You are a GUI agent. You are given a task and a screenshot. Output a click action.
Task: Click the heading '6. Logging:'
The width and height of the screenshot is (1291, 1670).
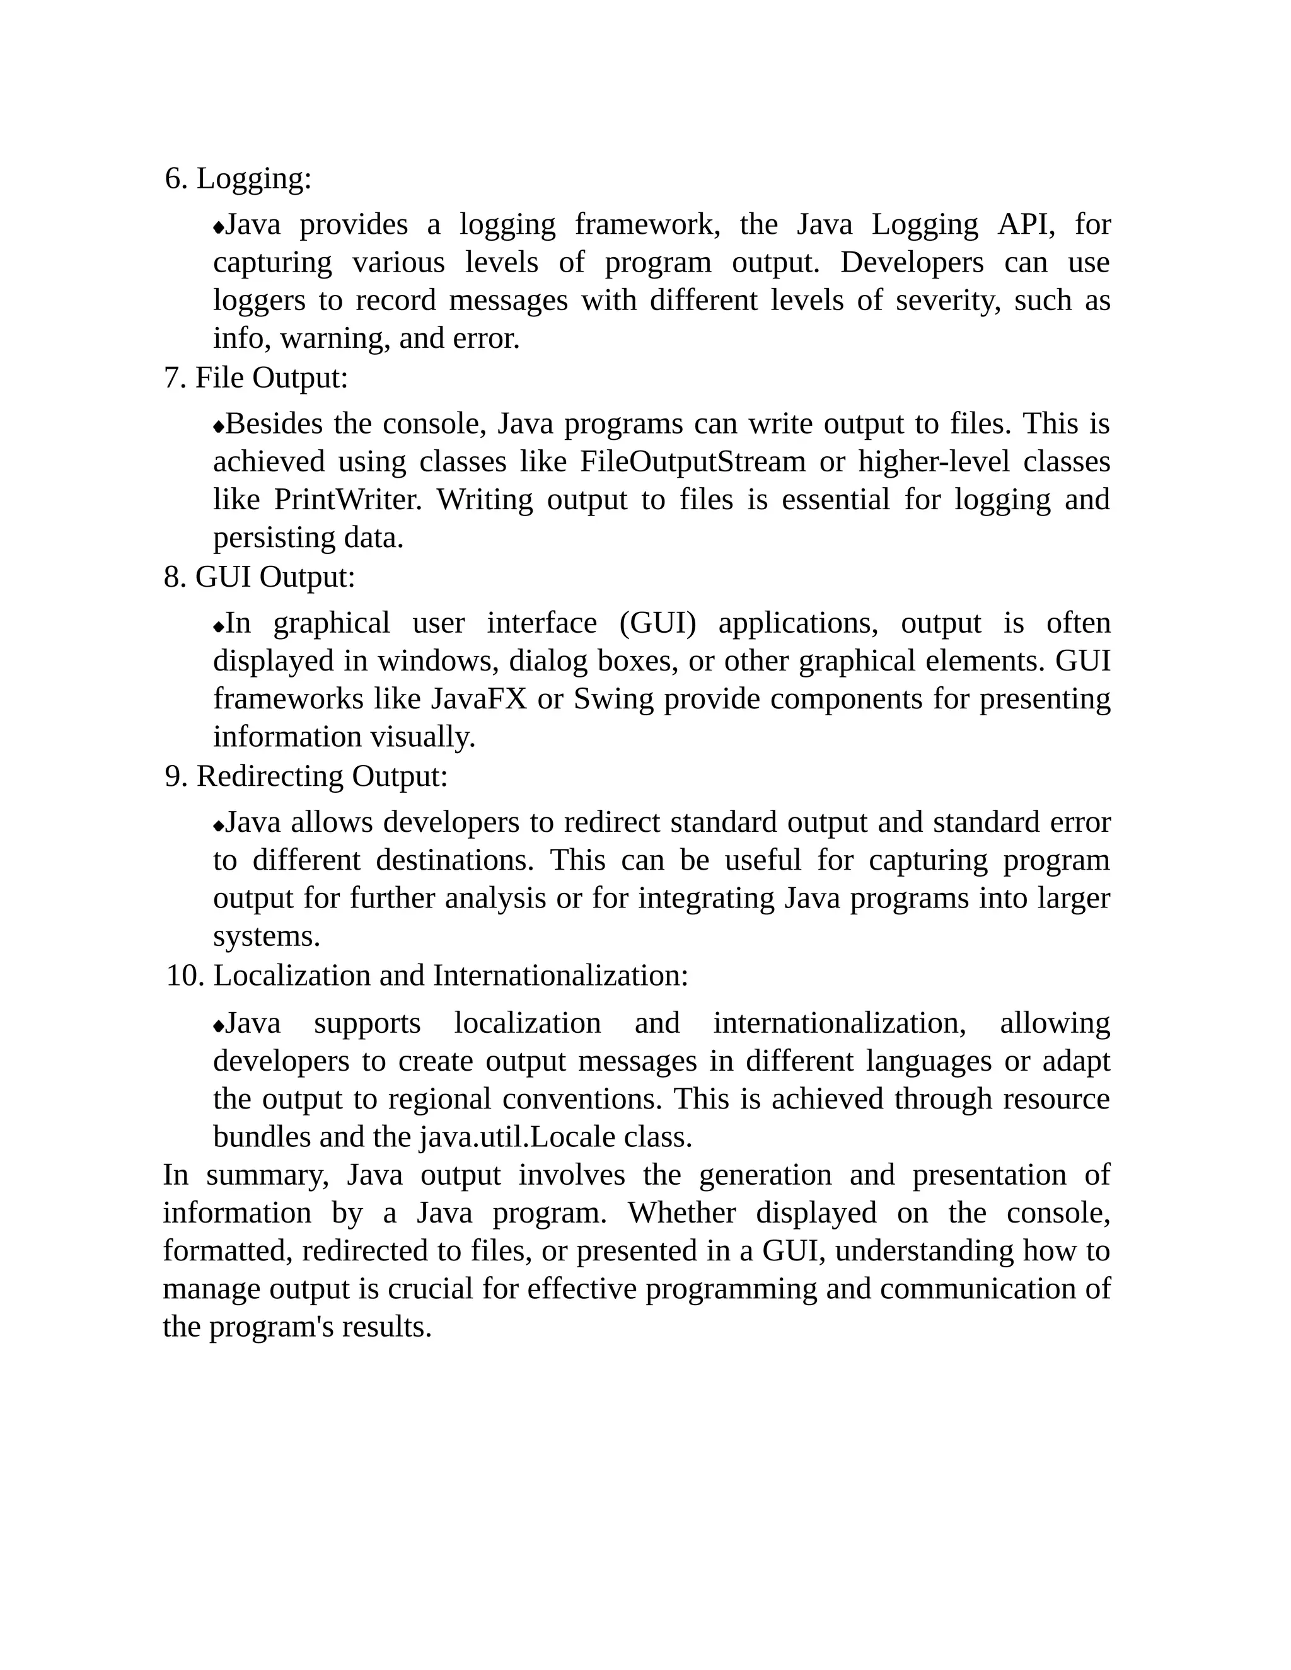(239, 179)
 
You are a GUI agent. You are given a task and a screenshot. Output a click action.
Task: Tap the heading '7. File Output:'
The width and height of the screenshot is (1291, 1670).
(256, 377)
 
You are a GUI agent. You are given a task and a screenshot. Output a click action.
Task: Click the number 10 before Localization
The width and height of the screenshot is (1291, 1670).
(183, 976)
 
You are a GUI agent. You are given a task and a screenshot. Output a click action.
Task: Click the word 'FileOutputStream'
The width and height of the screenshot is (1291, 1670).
(692, 462)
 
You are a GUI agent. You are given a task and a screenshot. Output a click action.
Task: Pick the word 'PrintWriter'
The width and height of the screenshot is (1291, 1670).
(347, 500)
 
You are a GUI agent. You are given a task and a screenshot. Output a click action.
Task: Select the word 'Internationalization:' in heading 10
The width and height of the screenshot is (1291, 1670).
(560, 976)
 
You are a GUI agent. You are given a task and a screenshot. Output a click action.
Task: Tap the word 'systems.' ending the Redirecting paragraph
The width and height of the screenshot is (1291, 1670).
(266, 936)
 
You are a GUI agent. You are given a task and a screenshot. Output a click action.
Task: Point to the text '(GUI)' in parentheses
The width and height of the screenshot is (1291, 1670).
(657, 623)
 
